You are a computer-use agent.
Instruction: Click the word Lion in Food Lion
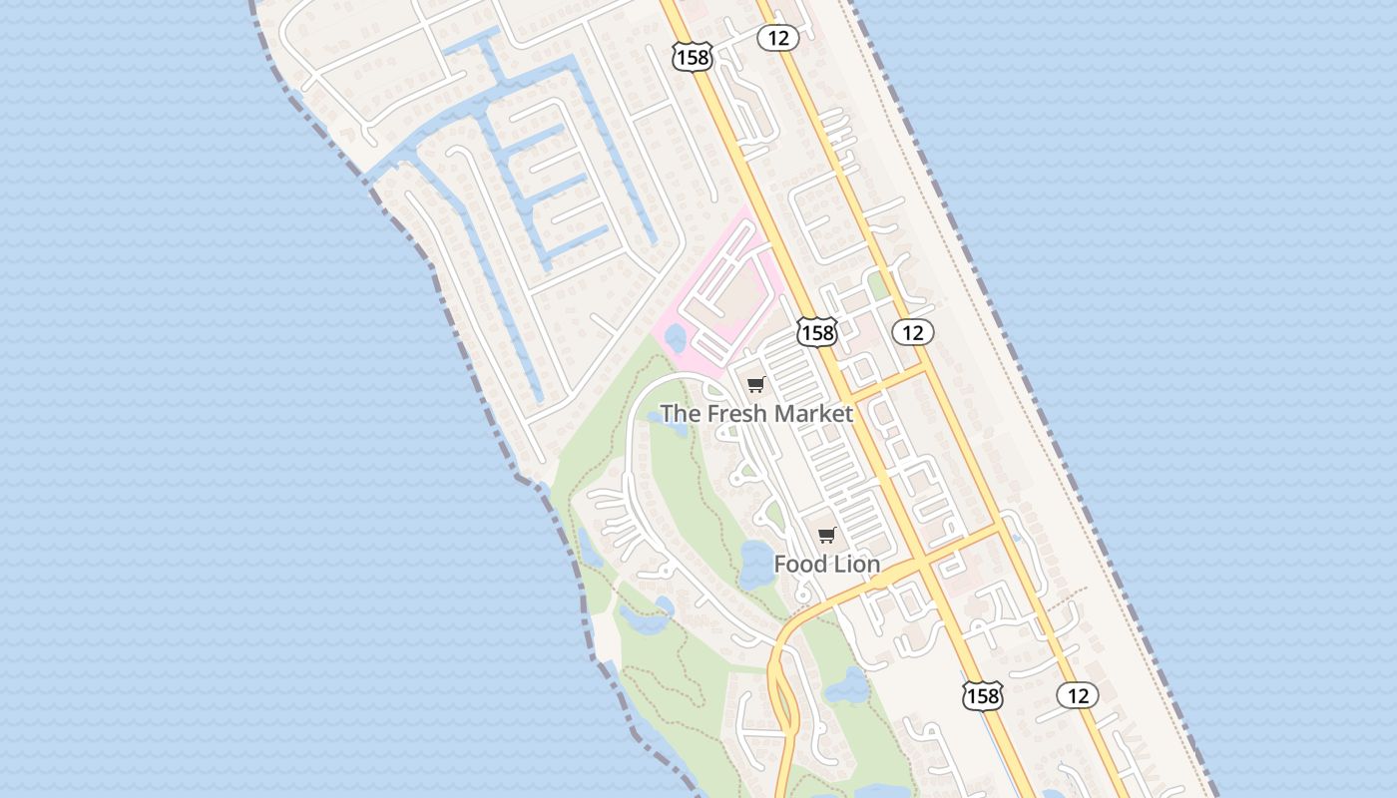pos(857,565)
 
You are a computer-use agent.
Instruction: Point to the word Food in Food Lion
pos(801,565)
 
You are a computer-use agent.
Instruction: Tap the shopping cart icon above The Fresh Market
pos(756,384)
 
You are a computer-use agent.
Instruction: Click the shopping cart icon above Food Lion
pos(826,536)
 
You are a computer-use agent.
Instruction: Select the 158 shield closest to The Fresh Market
pos(817,332)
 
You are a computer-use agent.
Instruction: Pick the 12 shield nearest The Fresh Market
pos(912,332)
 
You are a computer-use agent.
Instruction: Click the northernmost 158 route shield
pos(692,58)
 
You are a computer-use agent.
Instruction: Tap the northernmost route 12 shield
pos(777,38)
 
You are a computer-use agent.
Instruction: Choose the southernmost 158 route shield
pos(982,695)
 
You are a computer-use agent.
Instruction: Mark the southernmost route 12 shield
pos(1078,695)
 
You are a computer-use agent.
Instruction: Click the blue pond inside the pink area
pos(676,337)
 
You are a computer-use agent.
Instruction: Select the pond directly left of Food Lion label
pos(755,564)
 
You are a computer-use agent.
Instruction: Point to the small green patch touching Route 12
pos(877,286)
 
